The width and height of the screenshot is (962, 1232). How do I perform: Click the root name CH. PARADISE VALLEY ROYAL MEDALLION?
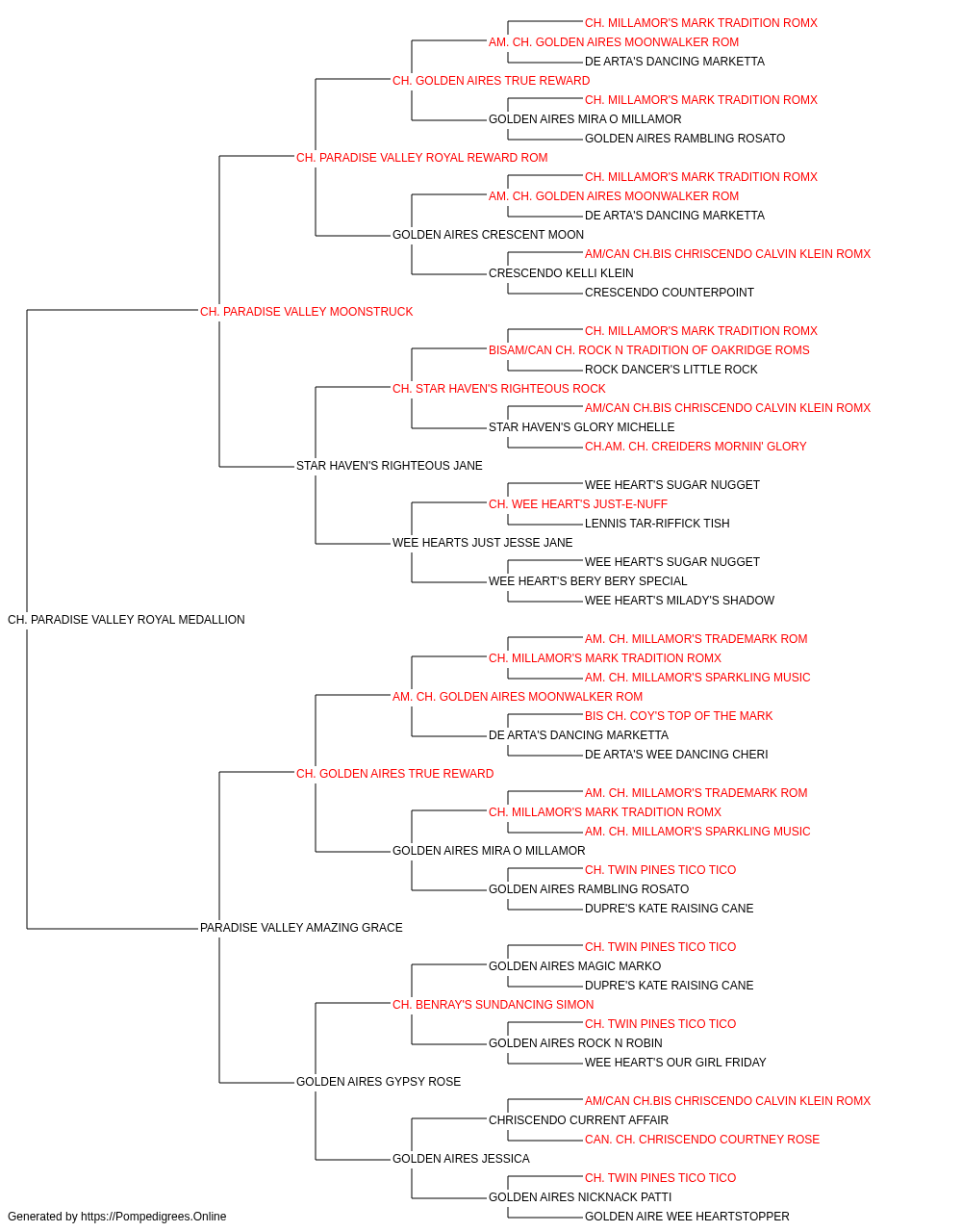coord(126,620)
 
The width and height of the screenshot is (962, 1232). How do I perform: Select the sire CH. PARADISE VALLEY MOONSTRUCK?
coord(307,312)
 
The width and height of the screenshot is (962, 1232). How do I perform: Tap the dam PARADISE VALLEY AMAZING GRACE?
coord(301,928)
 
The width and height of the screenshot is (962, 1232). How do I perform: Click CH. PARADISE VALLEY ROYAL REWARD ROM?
coord(422,158)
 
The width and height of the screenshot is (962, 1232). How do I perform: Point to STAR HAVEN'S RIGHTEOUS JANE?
coord(390,466)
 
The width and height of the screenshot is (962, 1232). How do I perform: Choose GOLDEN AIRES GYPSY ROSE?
coord(378,1082)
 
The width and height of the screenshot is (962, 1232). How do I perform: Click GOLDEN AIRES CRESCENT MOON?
coord(488,235)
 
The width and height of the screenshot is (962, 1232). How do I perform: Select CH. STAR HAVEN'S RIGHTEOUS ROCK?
coord(499,389)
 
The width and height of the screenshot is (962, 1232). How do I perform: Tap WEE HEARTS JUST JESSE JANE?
coord(483,543)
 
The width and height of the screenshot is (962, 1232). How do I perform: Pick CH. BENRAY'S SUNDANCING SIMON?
coord(493,1005)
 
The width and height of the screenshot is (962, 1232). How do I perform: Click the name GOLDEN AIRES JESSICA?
coord(461,1159)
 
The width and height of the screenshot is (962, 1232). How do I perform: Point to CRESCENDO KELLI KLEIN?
coord(561,273)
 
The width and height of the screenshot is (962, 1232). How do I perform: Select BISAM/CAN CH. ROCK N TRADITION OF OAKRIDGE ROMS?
coord(649,350)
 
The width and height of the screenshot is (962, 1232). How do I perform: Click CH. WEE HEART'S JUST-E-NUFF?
coord(578,504)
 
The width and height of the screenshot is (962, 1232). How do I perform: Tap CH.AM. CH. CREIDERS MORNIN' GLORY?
coord(696,447)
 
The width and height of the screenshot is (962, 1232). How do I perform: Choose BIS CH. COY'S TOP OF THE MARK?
coord(679,716)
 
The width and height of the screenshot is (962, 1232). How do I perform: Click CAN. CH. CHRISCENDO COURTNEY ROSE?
coord(702,1140)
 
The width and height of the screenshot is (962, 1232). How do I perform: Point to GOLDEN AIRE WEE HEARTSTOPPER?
coord(687,1217)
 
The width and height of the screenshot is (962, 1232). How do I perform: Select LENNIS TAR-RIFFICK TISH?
coord(657,524)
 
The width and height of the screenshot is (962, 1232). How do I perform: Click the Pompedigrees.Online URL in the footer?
coord(154,1217)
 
